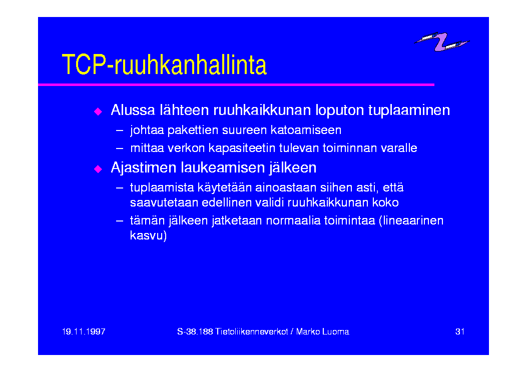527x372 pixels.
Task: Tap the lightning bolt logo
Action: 441,41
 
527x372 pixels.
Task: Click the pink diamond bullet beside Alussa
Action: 98,111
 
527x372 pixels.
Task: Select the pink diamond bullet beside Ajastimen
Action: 98,168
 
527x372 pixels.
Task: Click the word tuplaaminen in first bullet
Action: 409,110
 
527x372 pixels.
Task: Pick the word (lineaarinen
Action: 411,220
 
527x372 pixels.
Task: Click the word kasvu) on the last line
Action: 148,235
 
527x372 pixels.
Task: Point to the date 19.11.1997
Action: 84,331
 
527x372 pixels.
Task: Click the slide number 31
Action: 460,331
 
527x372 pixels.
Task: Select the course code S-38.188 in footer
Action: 195,331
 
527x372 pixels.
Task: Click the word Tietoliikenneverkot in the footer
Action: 252,331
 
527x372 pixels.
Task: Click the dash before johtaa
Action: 119,130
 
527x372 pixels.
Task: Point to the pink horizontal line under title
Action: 236,85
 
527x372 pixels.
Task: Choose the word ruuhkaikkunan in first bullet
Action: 262,110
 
